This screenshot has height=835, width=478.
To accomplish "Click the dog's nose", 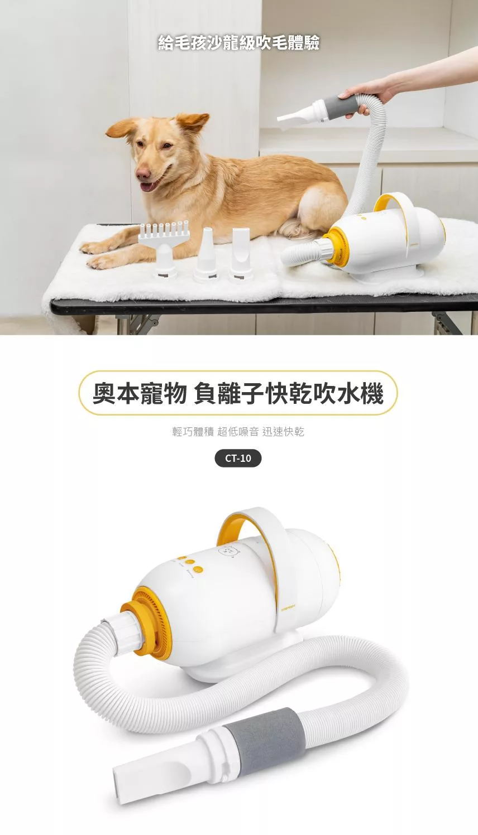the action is coord(143,173).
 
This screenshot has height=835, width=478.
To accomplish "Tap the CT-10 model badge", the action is coord(238,458).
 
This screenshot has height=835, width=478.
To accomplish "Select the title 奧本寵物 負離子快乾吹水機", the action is coord(238,393).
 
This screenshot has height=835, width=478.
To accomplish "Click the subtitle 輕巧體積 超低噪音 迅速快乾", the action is coord(238,432).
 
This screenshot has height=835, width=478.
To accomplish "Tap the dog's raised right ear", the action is coord(192,123).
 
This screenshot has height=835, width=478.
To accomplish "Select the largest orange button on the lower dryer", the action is coord(198,569).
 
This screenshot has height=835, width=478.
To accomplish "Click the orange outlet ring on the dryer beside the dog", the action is coord(335,247).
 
